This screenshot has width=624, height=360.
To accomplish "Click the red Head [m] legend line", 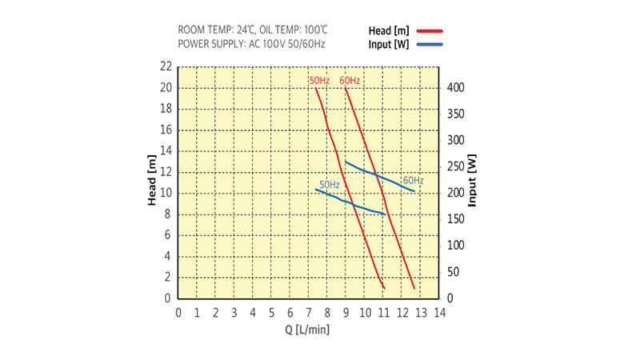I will point(429,30).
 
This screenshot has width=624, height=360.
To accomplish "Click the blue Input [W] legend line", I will point(429,44).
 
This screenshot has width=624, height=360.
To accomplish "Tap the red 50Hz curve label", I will point(319,81).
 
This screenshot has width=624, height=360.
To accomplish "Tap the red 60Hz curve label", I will point(350,81).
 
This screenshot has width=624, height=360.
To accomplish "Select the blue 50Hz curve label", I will point(330,185).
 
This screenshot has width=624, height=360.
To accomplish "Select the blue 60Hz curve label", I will point(413,180).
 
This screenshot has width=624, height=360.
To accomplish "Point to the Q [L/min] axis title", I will point(307,328).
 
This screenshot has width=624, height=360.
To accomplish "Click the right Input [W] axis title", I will point(472,181).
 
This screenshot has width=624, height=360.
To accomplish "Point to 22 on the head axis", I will point(166,66).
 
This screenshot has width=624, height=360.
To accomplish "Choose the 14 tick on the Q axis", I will point(439,312).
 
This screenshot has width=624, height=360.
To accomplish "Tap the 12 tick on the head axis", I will point(166,172).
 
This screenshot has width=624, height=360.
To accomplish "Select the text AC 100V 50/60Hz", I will point(287,43).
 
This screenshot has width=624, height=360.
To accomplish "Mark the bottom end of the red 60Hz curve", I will point(414,288).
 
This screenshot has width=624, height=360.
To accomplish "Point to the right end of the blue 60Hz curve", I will point(414,191).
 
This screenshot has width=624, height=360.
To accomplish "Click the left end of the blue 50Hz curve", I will point(316,190).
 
